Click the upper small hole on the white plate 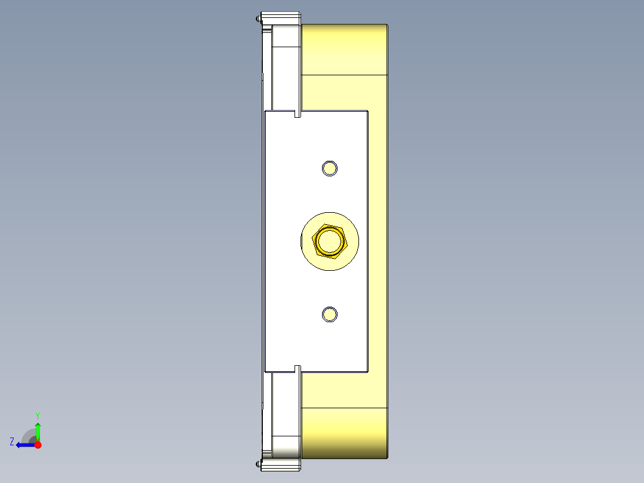click(x=329, y=168)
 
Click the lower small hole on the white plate click(x=329, y=314)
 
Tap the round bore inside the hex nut click(x=329, y=241)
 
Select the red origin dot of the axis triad click(x=38, y=445)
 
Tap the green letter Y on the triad click(x=37, y=415)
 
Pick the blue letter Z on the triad click(x=12, y=442)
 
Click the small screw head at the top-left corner click(x=258, y=19)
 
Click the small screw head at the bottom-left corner click(x=258, y=463)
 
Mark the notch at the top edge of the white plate click(x=298, y=114)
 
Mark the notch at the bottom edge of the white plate click(x=298, y=368)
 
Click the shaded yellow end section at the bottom click(x=344, y=433)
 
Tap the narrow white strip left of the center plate click(x=262, y=239)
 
